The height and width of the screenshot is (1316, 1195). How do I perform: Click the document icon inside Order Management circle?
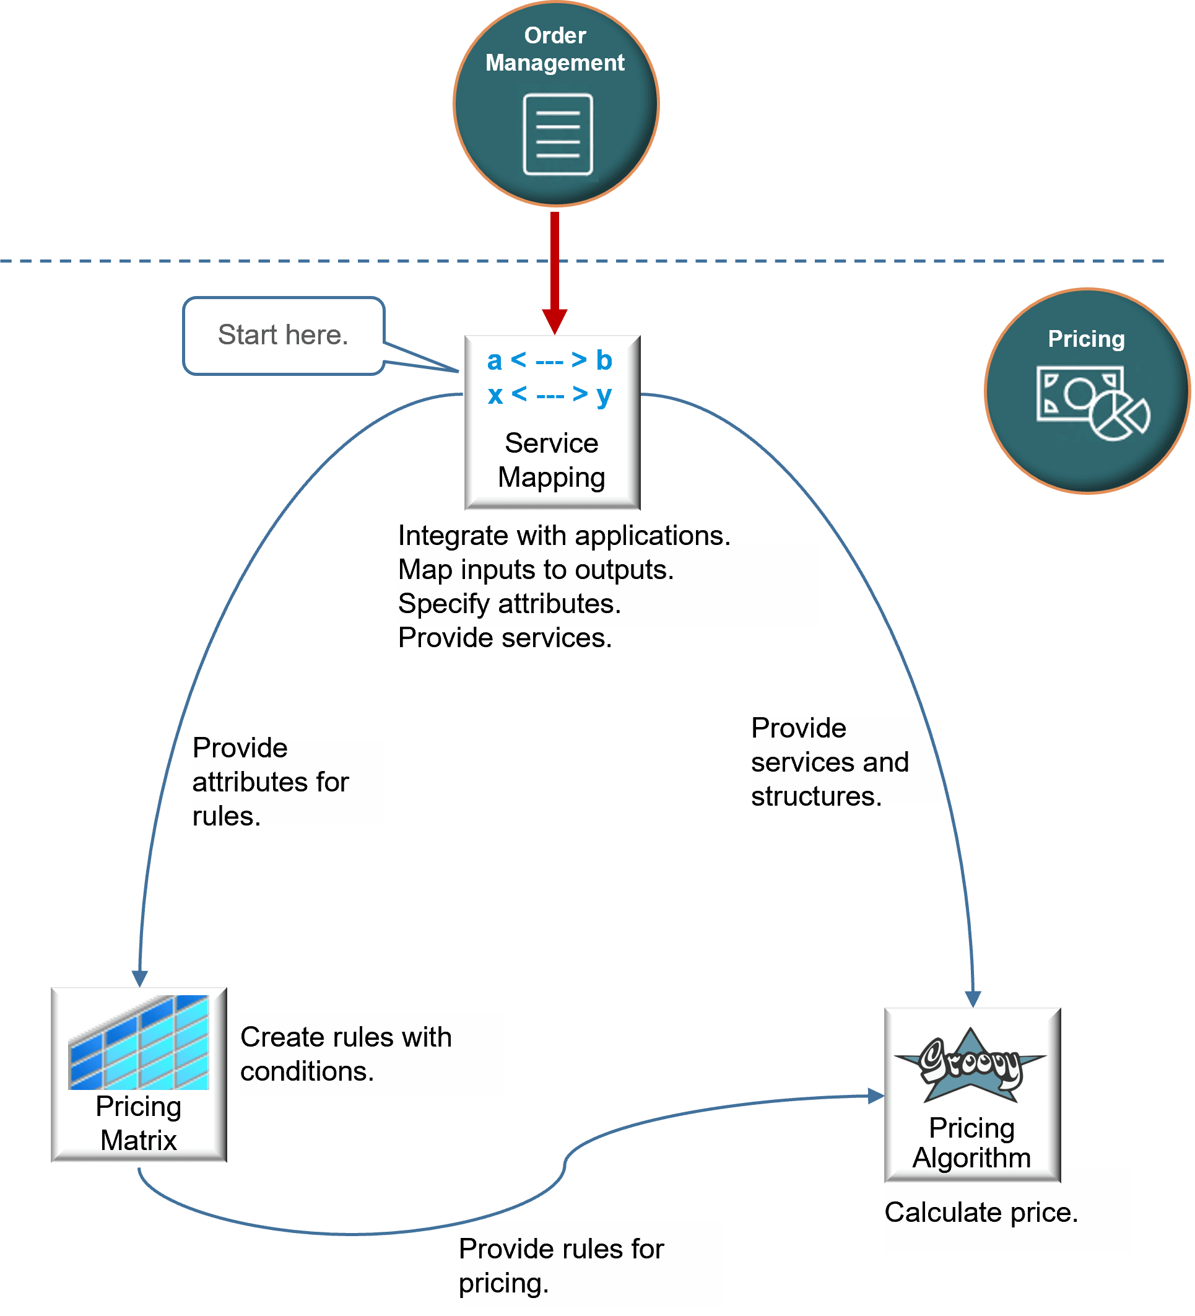[x=557, y=134]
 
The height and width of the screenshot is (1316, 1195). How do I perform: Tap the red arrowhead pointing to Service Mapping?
[x=554, y=321]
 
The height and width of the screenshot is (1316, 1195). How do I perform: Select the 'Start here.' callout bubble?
[x=283, y=336]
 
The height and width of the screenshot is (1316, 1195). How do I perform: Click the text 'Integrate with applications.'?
[x=564, y=536]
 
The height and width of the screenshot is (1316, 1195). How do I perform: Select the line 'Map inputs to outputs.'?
[x=535, y=570]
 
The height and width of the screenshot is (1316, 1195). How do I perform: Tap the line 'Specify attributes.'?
[x=509, y=604]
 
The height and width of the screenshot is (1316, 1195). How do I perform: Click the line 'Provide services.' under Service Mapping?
[x=505, y=638]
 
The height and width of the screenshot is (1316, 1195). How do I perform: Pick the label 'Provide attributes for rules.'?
[x=270, y=782]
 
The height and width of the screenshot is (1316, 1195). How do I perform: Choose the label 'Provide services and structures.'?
[x=829, y=762]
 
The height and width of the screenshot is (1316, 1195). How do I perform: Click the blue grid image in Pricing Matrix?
[x=139, y=1042]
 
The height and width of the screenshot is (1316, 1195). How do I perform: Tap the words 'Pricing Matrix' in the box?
[x=138, y=1123]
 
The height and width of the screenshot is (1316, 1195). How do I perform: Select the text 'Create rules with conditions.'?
[x=345, y=1053]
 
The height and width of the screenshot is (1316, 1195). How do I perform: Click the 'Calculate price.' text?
[x=980, y=1213]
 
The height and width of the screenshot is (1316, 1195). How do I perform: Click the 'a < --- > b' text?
[x=550, y=360]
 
